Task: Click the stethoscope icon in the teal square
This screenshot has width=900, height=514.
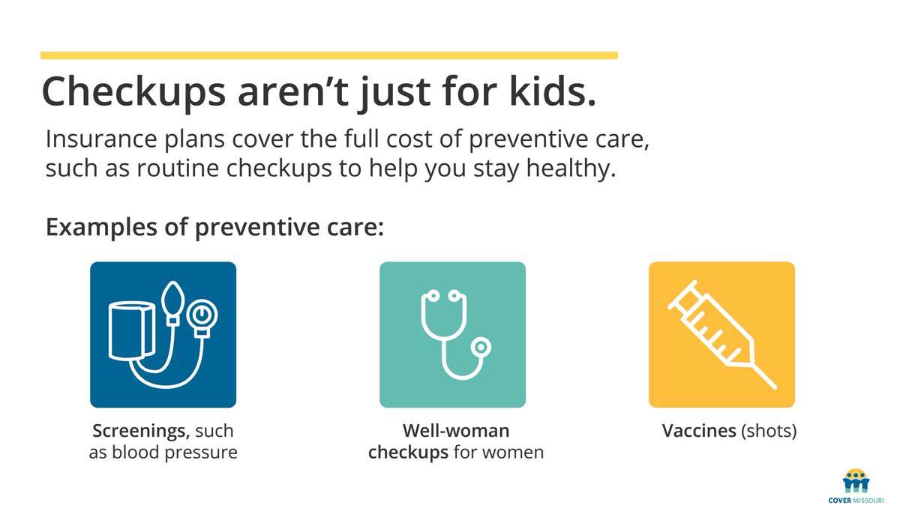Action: point(451,334)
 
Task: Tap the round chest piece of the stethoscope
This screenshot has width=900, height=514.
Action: point(480,346)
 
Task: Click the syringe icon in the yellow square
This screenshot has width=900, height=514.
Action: point(721,334)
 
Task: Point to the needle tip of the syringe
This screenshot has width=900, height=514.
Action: point(772,384)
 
